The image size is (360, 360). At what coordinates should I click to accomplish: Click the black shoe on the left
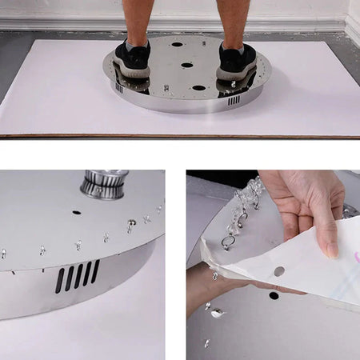132,59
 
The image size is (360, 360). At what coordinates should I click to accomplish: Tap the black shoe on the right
237,60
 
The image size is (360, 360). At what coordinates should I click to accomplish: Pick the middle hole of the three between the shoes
186,65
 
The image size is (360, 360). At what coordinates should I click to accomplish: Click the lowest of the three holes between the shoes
198,87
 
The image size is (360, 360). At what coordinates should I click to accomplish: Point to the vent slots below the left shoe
119,88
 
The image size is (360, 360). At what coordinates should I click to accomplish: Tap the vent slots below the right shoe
234,100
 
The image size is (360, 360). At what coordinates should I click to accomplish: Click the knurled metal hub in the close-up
104,185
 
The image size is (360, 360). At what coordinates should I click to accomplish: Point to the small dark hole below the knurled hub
76,213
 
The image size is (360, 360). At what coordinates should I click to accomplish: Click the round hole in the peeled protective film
278,271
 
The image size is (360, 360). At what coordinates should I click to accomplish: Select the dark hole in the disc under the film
274,295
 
